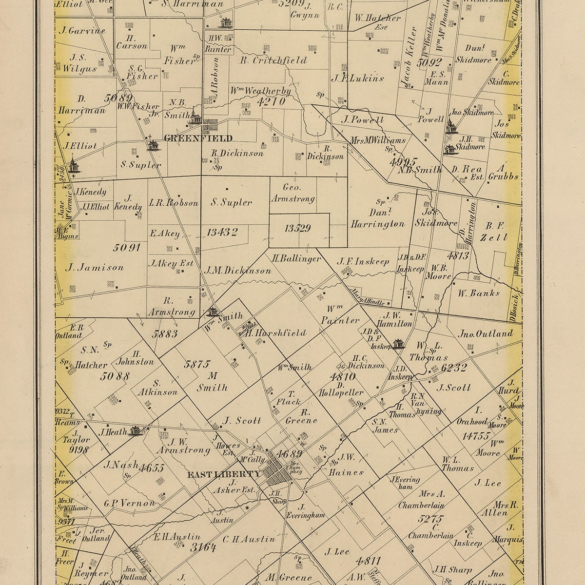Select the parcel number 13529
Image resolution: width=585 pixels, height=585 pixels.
298,228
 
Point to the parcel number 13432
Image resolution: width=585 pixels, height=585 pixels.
222,232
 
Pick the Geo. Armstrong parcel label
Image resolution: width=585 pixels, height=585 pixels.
299,193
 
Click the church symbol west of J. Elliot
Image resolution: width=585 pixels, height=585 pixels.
73,166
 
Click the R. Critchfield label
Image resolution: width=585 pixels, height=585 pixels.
273,60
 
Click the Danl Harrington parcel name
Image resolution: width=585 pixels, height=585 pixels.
377,218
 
